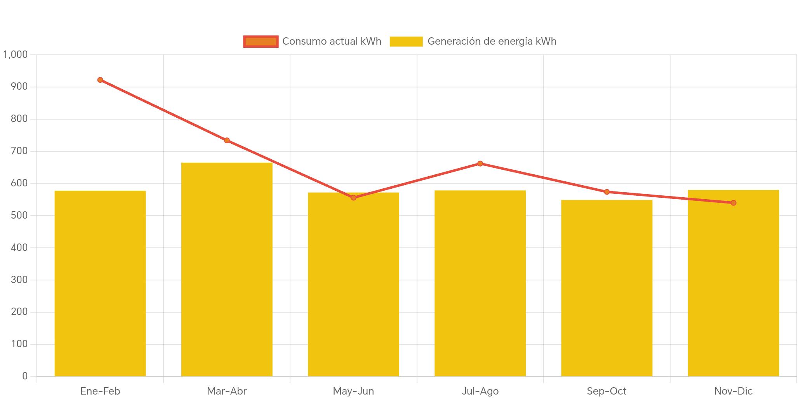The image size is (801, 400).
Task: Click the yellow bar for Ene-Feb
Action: pos(100,283)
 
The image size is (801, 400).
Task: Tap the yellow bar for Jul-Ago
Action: pos(480,283)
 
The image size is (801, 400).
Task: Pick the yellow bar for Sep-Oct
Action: pos(607,288)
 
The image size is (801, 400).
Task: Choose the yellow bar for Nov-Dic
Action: pos(733,283)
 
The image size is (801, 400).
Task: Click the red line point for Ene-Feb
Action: pos(100,80)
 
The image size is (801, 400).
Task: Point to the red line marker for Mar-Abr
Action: pos(227,141)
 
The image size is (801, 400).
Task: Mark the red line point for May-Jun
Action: pos(353,198)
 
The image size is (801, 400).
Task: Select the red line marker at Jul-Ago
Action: pos(480,163)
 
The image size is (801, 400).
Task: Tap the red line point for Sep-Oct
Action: pos(607,192)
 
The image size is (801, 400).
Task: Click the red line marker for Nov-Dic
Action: pos(733,203)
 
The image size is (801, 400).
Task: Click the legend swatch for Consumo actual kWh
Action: pos(261,42)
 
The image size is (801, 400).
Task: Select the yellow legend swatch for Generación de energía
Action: pos(406,42)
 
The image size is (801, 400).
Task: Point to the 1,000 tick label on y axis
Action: pos(16,54)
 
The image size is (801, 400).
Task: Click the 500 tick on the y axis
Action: pos(19,215)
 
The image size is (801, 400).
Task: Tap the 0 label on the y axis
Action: pos(25,376)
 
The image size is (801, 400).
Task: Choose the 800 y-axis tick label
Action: pos(19,118)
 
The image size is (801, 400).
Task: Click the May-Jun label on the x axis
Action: pos(353,391)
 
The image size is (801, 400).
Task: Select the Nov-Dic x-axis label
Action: pos(733,391)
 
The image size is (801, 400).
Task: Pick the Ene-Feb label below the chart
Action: pos(100,391)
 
